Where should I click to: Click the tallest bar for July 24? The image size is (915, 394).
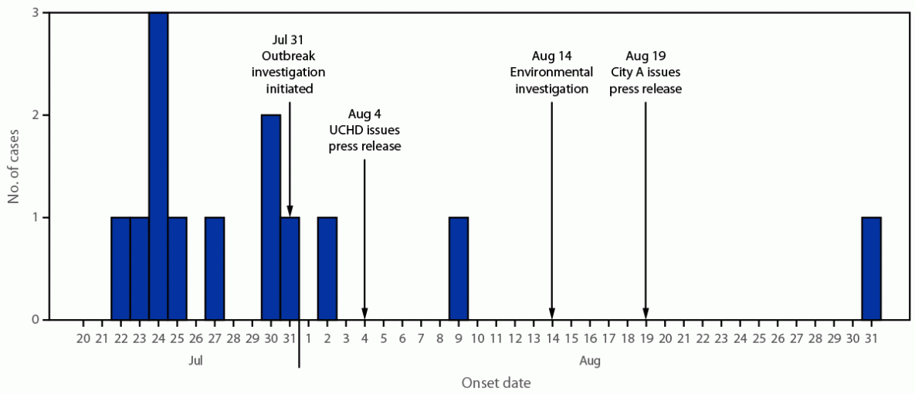(158, 166)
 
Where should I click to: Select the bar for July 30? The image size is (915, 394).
(271, 217)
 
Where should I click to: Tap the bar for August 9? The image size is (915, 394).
(459, 268)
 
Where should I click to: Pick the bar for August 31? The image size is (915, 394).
(871, 268)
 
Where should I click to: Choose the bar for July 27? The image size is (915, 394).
(215, 268)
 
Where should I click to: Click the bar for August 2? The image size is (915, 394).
(327, 268)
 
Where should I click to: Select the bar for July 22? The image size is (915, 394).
(120, 268)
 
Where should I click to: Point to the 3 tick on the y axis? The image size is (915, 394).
(36, 13)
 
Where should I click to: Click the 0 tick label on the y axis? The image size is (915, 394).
(36, 319)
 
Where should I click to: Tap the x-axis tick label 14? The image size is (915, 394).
(552, 339)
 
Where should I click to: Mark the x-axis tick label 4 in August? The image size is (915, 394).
(364, 339)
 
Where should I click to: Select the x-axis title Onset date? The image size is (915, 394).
(496, 382)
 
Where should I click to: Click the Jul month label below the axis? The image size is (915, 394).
(196, 360)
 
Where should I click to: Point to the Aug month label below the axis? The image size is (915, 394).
(589, 360)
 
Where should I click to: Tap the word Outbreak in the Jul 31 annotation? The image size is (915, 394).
(289, 56)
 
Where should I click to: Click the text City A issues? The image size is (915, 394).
(646, 73)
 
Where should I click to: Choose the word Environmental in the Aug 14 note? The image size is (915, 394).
(552, 73)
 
